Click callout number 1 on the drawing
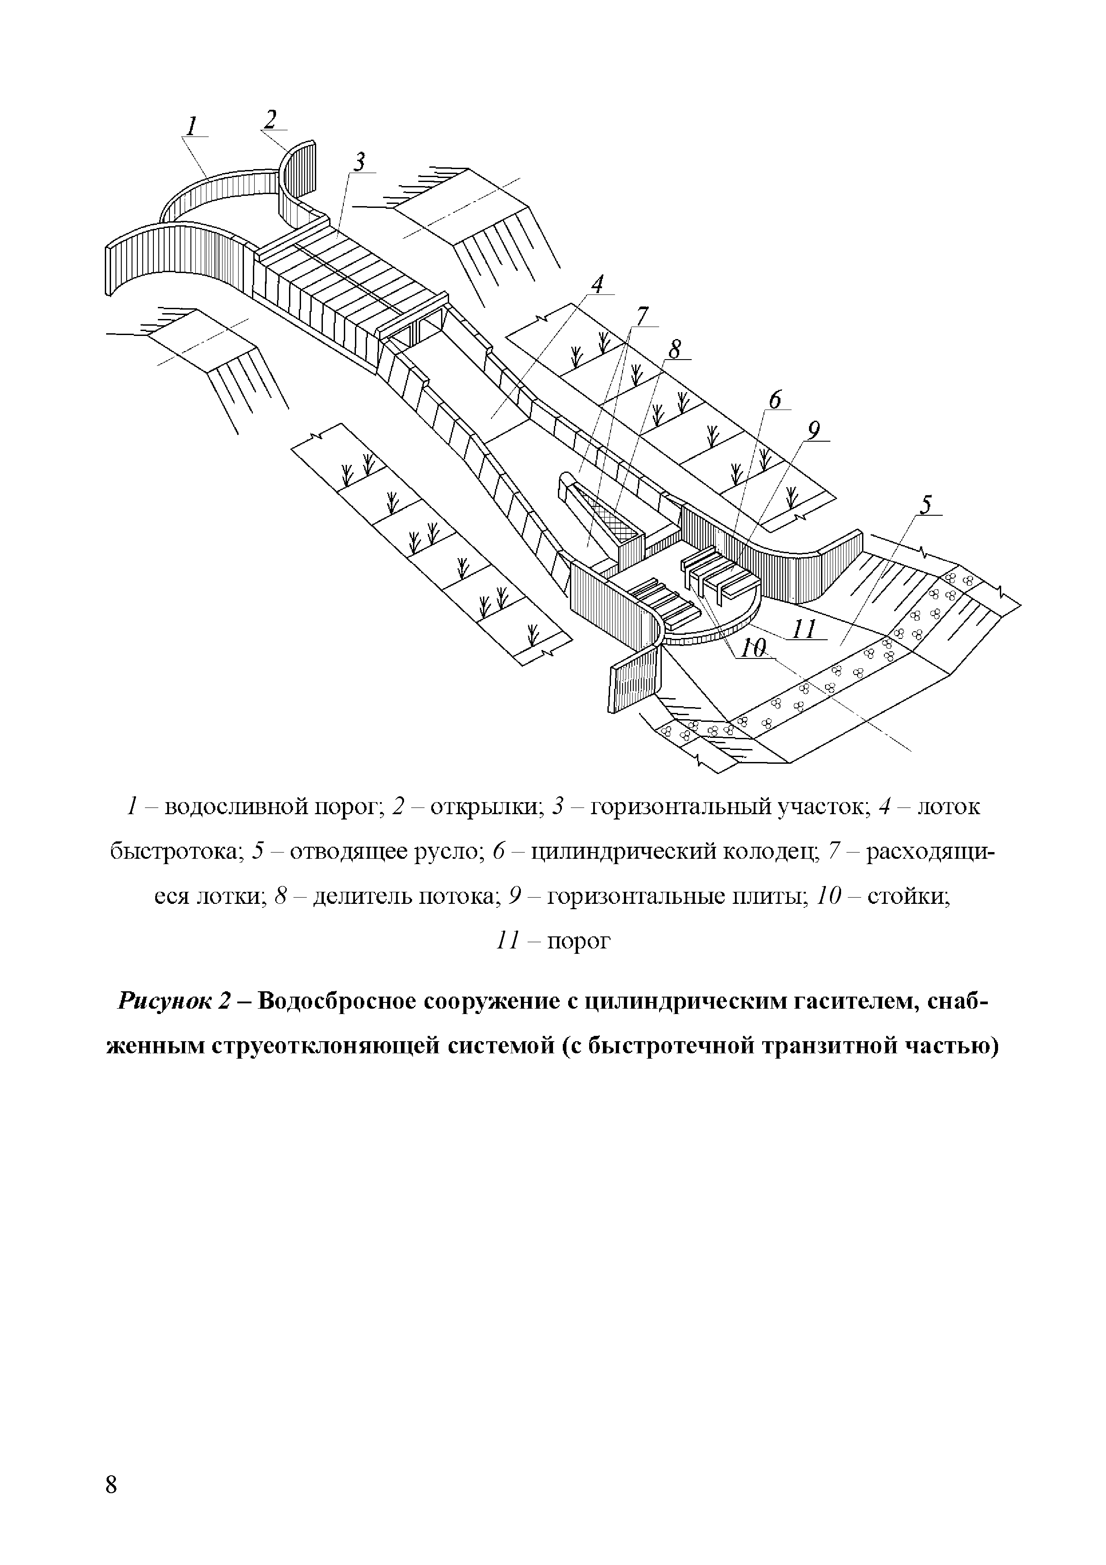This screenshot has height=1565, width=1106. pyautogui.click(x=193, y=126)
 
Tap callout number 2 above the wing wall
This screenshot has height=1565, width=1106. pyautogui.click(x=271, y=120)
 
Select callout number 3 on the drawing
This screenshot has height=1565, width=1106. pyautogui.click(x=359, y=162)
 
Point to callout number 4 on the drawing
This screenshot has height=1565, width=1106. pyautogui.click(x=598, y=284)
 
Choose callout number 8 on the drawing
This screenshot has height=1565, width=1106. pyautogui.click(x=675, y=350)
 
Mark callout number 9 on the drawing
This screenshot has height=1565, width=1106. pyautogui.click(x=813, y=431)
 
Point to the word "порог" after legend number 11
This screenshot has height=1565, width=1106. pyautogui.click(x=579, y=941)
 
